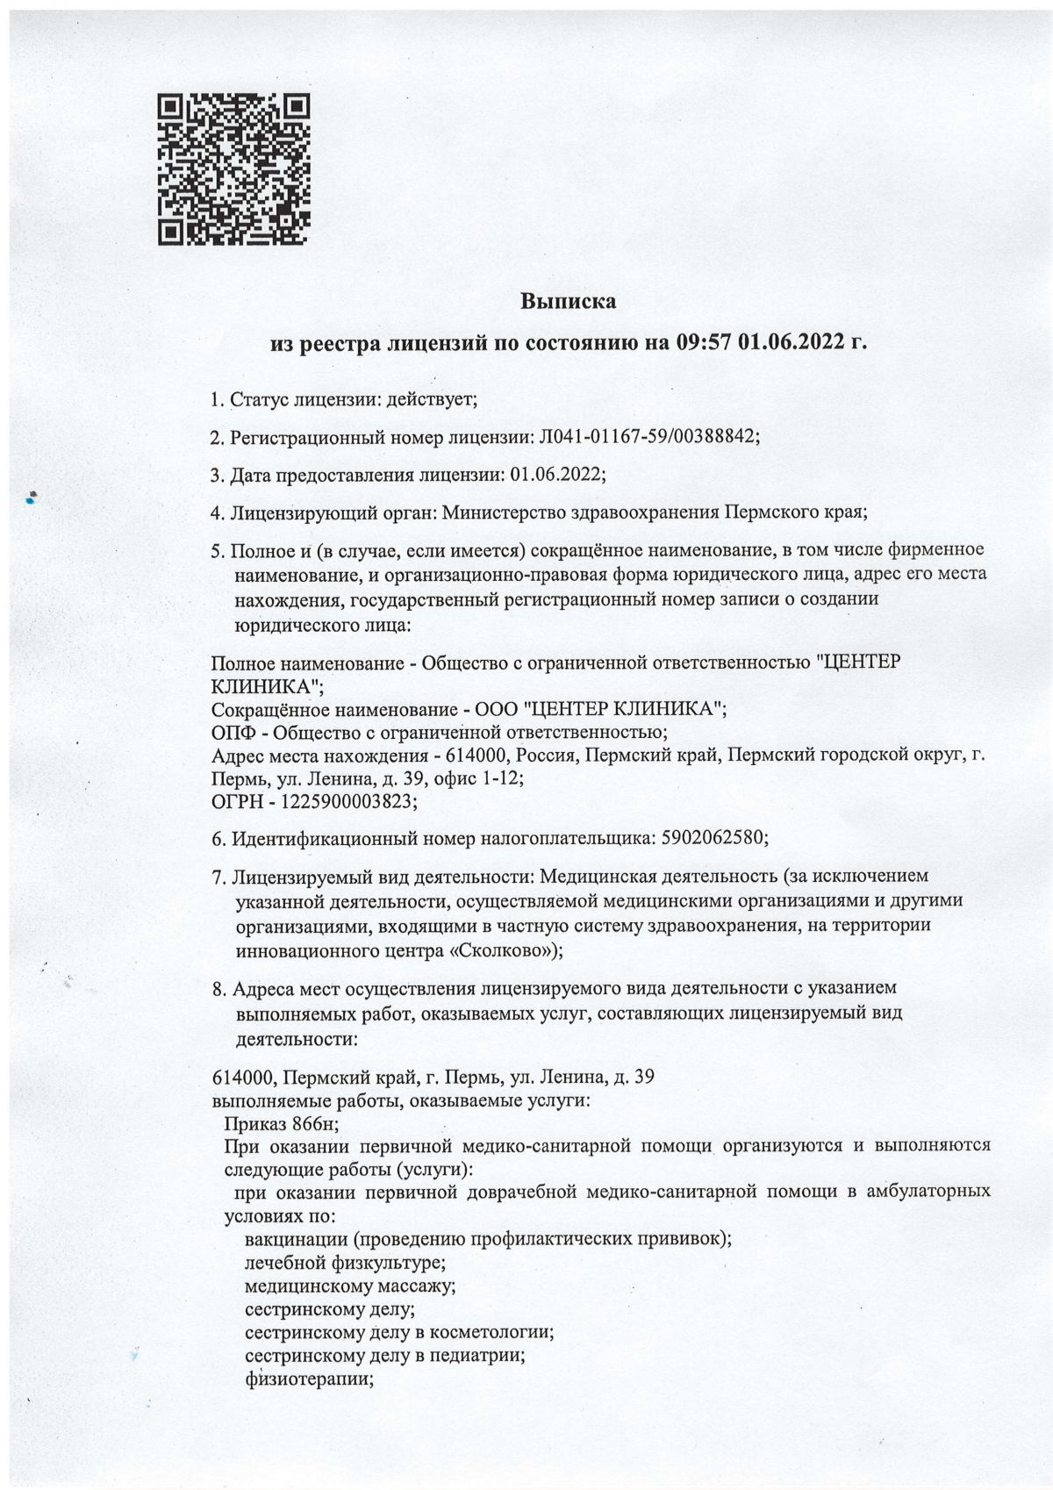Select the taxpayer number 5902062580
(x=710, y=838)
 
